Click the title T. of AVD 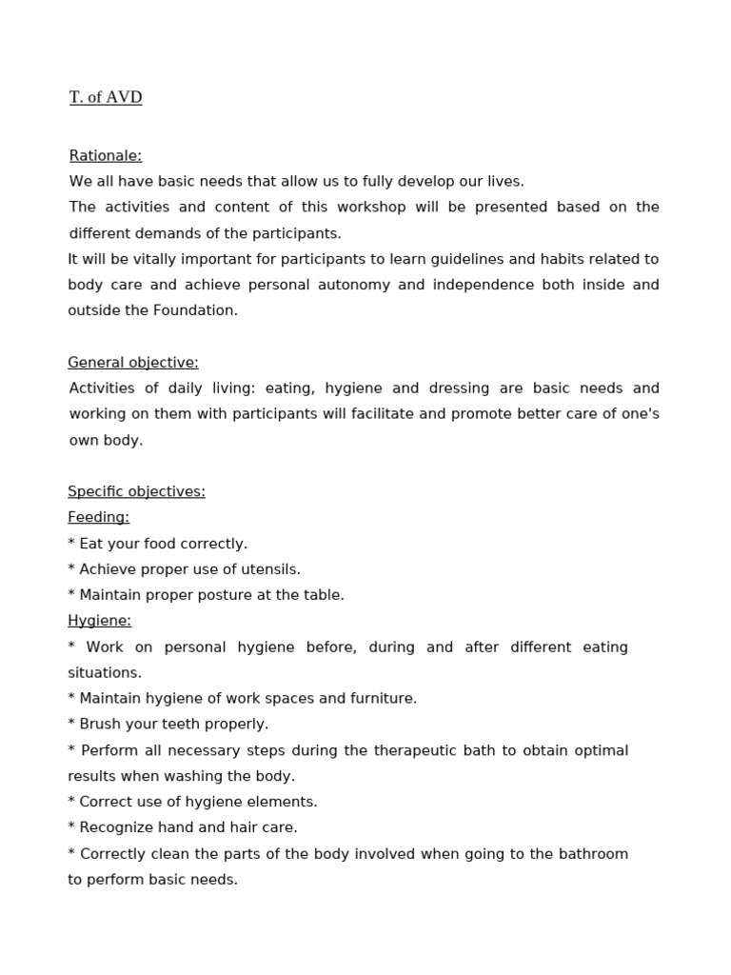pyautogui.click(x=106, y=97)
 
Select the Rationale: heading pyautogui.click(x=106, y=155)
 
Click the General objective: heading pyautogui.click(x=133, y=362)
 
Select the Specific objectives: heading pyautogui.click(x=136, y=491)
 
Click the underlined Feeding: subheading pyautogui.click(x=98, y=517)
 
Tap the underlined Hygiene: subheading pyautogui.click(x=99, y=621)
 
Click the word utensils pyautogui.click(x=270, y=569)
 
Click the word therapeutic pyautogui.click(x=412, y=750)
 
